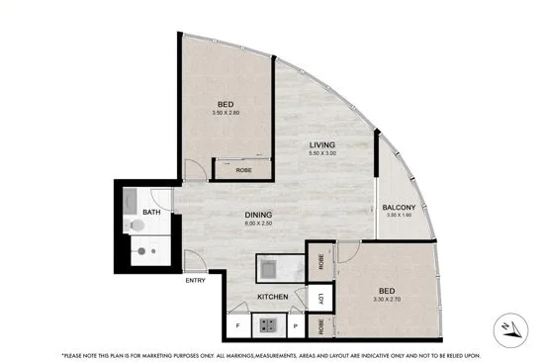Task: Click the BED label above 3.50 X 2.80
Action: click(225, 104)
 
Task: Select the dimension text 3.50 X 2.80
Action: click(226, 113)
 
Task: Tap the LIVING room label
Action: click(323, 144)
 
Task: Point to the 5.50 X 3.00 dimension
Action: click(323, 154)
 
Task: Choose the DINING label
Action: click(260, 215)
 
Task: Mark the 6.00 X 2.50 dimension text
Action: click(260, 225)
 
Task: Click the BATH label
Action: click(151, 212)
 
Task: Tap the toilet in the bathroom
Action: click(136, 226)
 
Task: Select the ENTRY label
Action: click(196, 281)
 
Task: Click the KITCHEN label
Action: click(272, 296)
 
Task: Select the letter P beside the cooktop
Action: click(296, 324)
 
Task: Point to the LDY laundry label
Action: click(320, 299)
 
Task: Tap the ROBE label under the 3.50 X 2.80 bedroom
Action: click(243, 170)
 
